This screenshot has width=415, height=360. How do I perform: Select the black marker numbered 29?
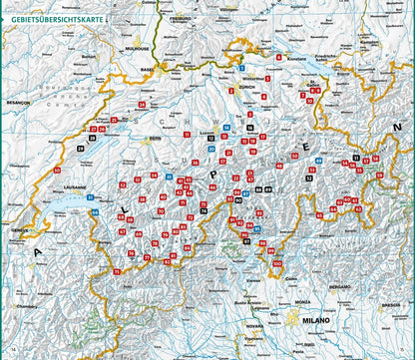(79, 149)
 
